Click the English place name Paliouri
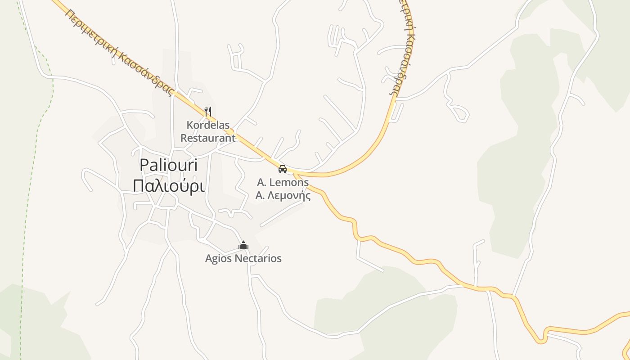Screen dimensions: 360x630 click(168, 166)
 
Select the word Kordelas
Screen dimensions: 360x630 click(208, 125)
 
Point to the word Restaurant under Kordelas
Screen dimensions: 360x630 click(208, 138)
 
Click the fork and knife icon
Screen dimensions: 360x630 click(207, 111)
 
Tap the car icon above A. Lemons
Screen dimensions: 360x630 click(283, 169)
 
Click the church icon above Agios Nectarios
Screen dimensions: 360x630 click(243, 246)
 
